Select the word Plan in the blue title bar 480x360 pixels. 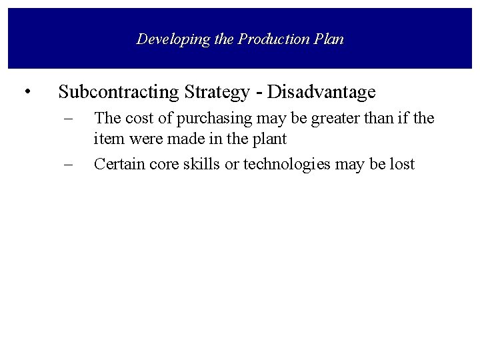tap(328, 39)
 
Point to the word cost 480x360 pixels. tap(136, 119)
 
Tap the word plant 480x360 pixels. tap(271, 141)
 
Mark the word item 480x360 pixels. tap(106, 141)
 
